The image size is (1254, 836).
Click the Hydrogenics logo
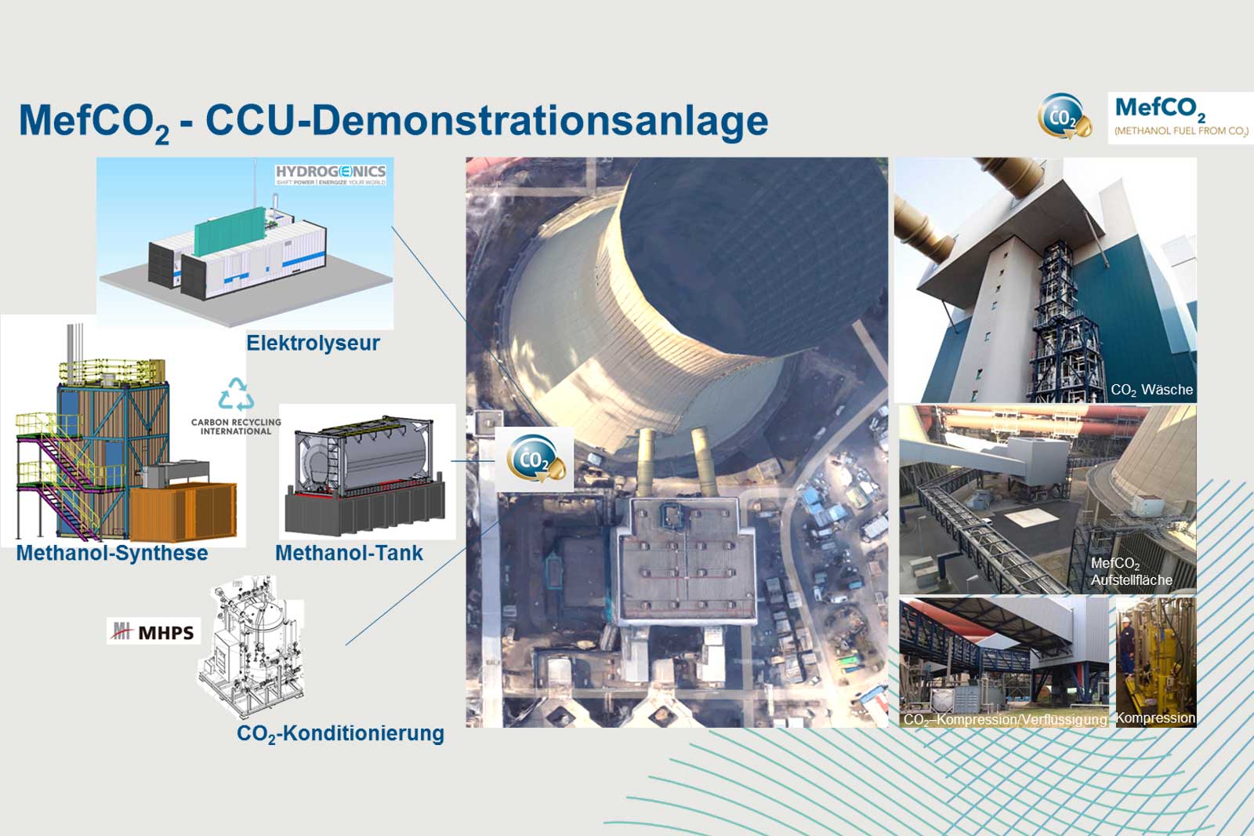[x=330, y=173]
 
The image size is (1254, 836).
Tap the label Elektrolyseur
[x=313, y=343]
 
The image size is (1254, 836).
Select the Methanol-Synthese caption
[x=112, y=554]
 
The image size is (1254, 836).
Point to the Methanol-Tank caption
[x=349, y=554]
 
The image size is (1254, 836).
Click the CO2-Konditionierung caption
[x=340, y=734]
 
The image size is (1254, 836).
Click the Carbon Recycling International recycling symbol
[x=236, y=394]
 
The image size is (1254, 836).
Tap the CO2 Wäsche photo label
[x=1151, y=390]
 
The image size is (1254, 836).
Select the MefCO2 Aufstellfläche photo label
[x=1131, y=572]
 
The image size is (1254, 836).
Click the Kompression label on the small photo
[x=1155, y=718]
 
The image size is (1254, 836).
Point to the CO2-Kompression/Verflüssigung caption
[x=1005, y=719]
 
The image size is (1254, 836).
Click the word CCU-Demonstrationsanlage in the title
[x=486, y=122]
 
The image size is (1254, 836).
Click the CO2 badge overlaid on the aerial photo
[x=535, y=460]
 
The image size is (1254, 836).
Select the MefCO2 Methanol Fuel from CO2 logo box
[x=1180, y=118]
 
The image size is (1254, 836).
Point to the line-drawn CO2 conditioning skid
[x=249, y=651]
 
